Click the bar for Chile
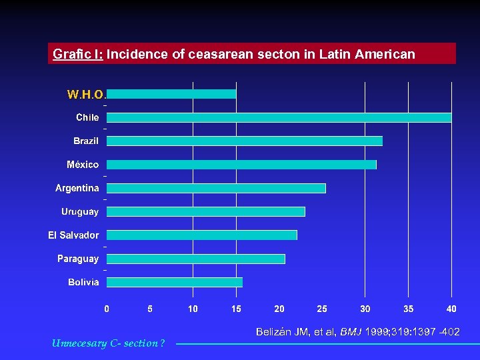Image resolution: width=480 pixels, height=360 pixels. click(279, 117)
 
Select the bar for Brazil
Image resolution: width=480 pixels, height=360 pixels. click(244, 141)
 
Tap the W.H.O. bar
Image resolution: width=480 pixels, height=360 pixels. click(171, 94)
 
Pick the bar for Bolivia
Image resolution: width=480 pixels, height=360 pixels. click(174, 282)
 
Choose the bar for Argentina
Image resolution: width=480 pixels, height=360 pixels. click(216, 188)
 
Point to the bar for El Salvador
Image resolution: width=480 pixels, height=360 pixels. click(201, 235)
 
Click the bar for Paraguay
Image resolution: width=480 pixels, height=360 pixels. click(195, 259)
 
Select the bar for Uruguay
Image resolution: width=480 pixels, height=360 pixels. click(205, 211)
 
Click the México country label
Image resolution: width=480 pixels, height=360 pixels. click(83, 165)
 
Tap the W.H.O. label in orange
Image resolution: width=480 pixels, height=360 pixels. click(85, 95)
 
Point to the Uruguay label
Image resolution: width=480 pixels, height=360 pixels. click(80, 211)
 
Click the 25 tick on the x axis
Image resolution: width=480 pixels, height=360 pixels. click(322, 309)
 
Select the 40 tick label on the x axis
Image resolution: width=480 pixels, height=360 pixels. click(451, 309)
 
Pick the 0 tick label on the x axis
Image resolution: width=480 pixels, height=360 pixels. click(107, 309)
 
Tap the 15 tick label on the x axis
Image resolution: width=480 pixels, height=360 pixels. click(236, 309)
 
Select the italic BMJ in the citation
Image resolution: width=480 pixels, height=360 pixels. click(350, 331)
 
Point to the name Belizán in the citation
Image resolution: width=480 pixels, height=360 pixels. click(274, 331)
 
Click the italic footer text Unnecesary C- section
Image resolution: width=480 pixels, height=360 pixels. click(107, 343)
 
